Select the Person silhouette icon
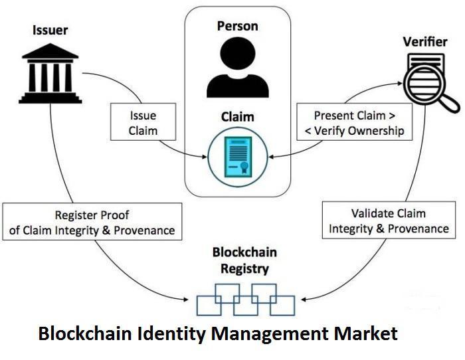pyautogui.click(x=236, y=67)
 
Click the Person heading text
pyautogui.click(x=237, y=26)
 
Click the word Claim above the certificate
pyautogui.click(x=237, y=117)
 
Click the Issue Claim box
pyautogui.click(x=143, y=122)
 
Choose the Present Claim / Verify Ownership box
pyautogui.click(x=353, y=122)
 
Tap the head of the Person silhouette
pyautogui.click(x=236, y=52)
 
